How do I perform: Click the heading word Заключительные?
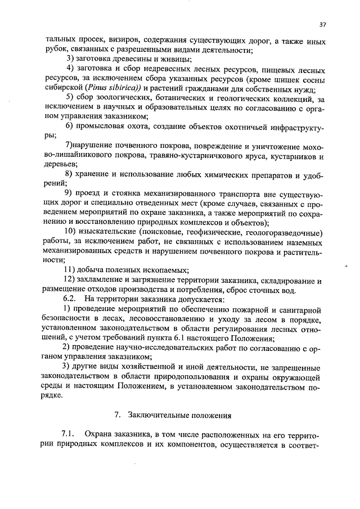point(155,416)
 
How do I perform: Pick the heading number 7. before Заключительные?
point(117,416)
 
